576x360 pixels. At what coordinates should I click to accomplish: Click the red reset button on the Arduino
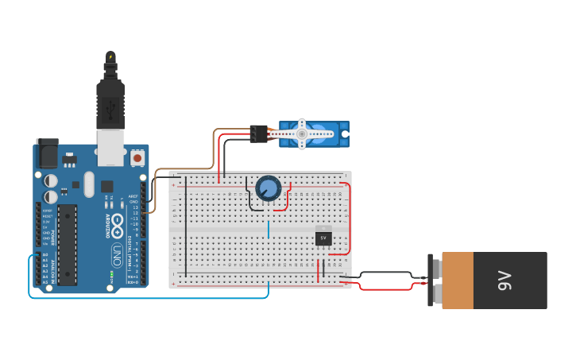point(137,158)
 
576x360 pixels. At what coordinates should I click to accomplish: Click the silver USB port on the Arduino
point(111,148)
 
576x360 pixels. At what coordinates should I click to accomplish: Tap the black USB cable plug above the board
point(110,99)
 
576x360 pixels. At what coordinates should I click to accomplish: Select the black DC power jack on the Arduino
point(47,153)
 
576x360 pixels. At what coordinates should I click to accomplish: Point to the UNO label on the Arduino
point(117,255)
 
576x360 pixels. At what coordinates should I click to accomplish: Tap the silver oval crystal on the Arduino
point(89,184)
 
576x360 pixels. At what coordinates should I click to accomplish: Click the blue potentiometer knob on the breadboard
point(269,188)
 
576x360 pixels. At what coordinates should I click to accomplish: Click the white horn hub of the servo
point(302,134)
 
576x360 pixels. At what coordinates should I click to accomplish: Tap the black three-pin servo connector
point(257,134)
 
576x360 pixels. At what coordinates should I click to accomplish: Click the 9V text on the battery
point(504,281)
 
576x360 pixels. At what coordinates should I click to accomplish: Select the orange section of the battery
point(458,281)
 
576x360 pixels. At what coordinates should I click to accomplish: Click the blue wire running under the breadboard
point(159,298)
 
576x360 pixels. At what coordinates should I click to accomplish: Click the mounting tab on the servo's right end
point(345,134)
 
